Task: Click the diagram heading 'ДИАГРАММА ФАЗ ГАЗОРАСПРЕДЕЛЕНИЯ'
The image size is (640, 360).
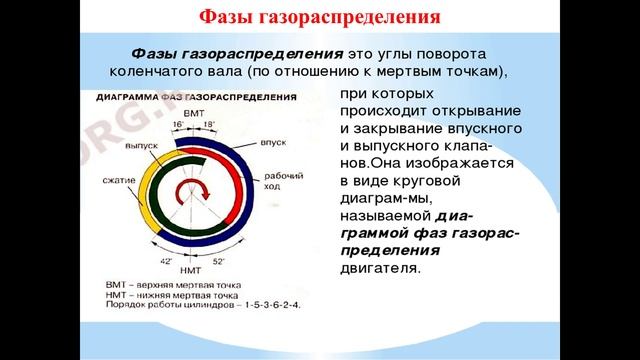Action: [195, 101]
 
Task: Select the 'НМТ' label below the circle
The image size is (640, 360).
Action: [191, 271]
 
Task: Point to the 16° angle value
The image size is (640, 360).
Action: [179, 126]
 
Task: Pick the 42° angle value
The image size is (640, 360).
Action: [167, 259]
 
